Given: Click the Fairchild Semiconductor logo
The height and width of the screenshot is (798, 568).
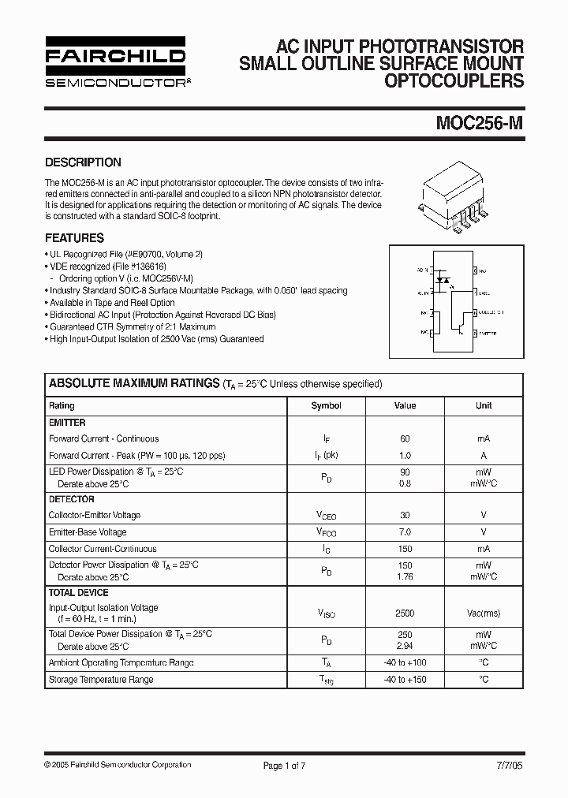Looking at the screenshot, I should pos(115,62).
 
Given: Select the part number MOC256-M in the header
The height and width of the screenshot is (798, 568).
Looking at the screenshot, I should pos(480,123).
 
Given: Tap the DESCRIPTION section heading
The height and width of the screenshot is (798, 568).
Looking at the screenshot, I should pos(83,162).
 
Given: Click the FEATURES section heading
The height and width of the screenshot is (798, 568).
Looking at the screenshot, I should pos(74,237).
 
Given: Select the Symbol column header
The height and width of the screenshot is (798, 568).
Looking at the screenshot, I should pos(326,405).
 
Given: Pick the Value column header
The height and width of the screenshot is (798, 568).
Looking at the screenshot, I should pos(405,405).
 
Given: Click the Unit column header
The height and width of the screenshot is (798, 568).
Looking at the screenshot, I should pos(484,405).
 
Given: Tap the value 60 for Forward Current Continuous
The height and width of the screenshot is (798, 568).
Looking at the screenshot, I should pos(405,438).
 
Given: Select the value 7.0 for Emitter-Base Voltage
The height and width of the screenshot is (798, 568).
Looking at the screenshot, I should pos(405,532).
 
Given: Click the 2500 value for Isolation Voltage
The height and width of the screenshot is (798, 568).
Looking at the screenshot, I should pos(405,613).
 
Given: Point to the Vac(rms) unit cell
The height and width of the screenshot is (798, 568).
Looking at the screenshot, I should pos(484,613).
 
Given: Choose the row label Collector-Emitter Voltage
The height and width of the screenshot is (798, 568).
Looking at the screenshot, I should pos(95,515).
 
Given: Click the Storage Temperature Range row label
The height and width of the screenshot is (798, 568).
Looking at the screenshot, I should pos(101,679).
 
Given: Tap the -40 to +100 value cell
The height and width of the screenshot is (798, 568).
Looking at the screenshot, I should pos(405,663).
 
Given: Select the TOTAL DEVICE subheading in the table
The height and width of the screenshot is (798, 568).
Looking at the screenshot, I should pos(79,592).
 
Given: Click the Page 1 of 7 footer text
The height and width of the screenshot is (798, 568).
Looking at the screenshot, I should pos(283,765).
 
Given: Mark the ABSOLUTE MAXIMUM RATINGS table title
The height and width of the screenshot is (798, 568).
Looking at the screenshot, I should pos(134,383).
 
